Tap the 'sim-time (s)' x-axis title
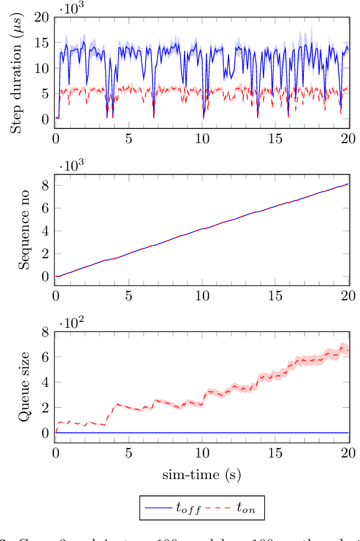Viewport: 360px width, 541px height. (202, 474)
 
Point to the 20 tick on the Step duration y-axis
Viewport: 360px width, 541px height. (41, 17)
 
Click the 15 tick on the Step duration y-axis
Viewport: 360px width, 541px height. (41, 43)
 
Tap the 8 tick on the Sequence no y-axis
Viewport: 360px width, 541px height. (45, 186)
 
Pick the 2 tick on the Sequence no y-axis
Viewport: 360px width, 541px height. (45, 254)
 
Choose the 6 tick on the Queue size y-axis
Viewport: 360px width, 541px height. (45, 357)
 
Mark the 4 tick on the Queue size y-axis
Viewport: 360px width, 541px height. (45, 383)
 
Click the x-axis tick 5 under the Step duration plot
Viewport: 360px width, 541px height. (129, 139)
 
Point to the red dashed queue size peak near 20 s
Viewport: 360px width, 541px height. (342, 345)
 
